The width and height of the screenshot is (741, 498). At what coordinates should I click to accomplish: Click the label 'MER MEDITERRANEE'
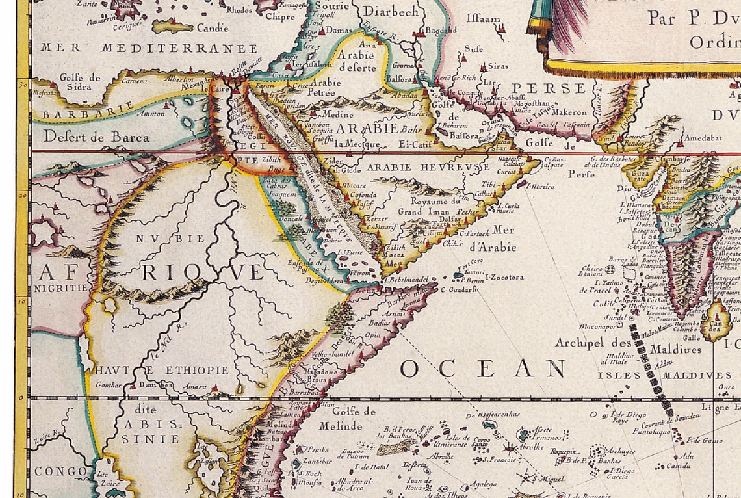149,48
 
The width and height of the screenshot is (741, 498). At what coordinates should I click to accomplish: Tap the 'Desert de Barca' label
96,137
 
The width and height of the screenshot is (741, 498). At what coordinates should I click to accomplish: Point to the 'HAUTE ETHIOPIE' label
162,370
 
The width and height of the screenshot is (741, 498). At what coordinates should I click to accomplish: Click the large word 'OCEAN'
483,369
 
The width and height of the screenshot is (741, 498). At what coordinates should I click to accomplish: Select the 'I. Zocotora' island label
504,278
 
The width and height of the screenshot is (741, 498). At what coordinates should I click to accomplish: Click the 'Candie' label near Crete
212,28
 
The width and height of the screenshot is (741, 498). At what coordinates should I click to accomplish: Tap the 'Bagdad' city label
438,30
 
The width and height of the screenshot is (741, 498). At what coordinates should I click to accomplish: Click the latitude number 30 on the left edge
22,83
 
